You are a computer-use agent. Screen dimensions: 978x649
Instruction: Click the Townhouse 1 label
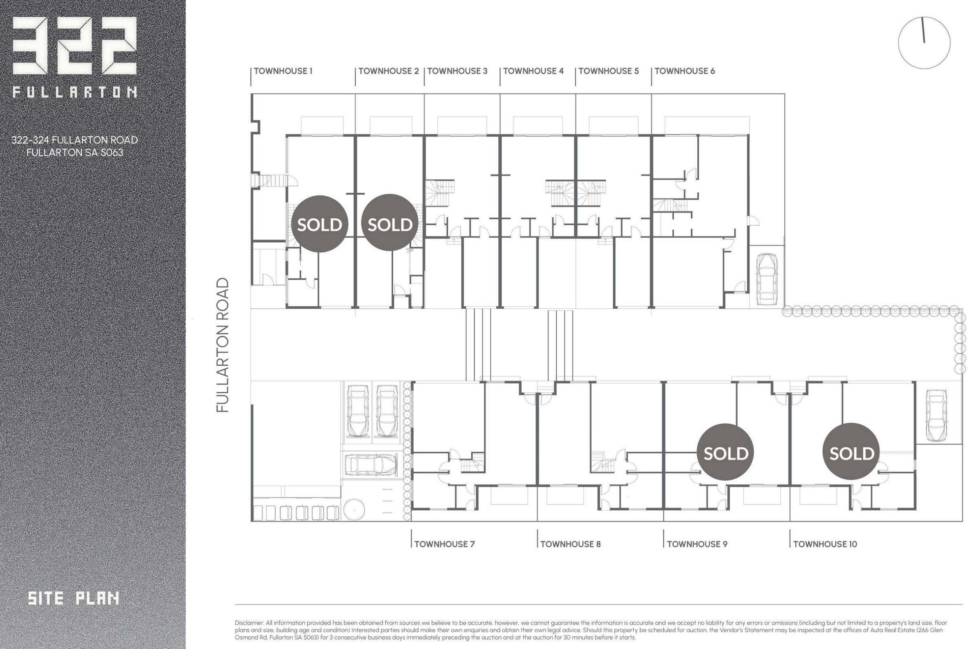[x=283, y=71]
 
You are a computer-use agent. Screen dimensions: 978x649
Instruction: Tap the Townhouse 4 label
[x=533, y=71]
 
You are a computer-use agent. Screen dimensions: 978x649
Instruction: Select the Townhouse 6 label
[x=685, y=71]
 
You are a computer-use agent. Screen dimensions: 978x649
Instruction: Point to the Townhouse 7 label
[x=445, y=544]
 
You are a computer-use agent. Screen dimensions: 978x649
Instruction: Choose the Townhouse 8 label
[x=570, y=544]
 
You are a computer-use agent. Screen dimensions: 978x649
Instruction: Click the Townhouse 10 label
[x=825, y=544]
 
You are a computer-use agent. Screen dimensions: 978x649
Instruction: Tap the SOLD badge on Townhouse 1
[x=319, y=224]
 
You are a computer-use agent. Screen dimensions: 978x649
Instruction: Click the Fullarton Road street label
[x=222, y=345]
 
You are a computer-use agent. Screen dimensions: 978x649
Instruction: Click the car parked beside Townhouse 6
[x=767, y=278]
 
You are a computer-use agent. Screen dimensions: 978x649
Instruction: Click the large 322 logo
[x=75, y=46]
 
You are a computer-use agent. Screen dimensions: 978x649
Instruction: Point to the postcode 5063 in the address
[x=112, y=152]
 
